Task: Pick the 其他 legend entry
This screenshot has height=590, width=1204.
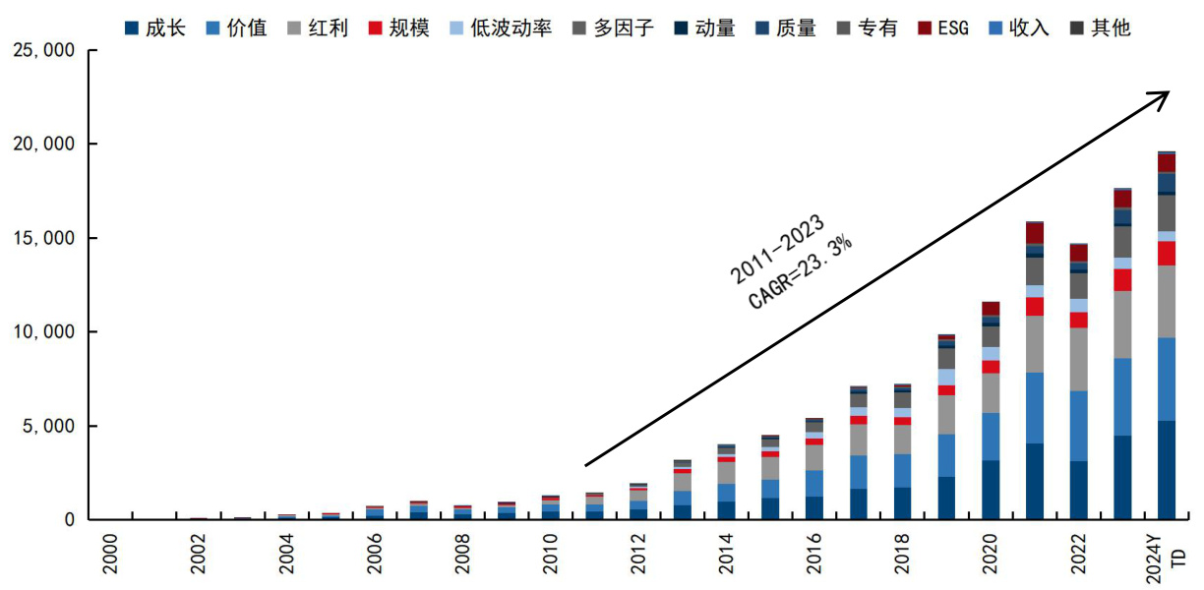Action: click(1110, 28)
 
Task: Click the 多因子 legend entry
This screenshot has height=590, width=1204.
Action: click(625, 28)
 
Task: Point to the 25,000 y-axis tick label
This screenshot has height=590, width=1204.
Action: click(43, 50)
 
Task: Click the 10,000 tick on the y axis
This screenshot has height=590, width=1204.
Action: click(43, 332)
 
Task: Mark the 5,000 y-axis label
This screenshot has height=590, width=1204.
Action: click(49, 426)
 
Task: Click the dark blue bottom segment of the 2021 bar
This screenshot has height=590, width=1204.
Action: click(1035, 482)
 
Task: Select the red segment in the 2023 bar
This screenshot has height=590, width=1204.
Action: click(1122, 280)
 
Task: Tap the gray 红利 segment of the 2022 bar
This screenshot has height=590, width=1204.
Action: click(1079, 359)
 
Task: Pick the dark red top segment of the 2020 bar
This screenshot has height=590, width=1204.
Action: click(991, 309)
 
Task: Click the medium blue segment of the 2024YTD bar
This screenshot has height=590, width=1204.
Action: click(1167, 379)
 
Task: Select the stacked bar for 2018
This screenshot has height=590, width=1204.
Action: click(903, 452)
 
